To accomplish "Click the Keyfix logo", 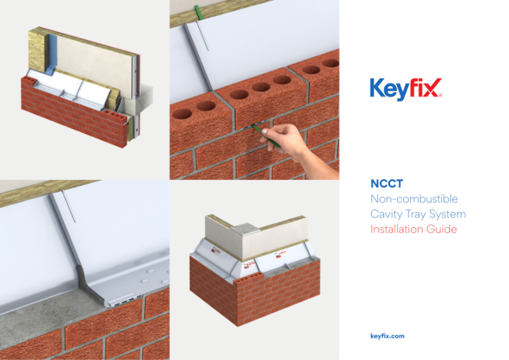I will pos(405,88).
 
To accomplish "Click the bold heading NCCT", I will pos(386,184).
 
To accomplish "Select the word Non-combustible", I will pos(414,199).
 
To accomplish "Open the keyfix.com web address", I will pos(387,336).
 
